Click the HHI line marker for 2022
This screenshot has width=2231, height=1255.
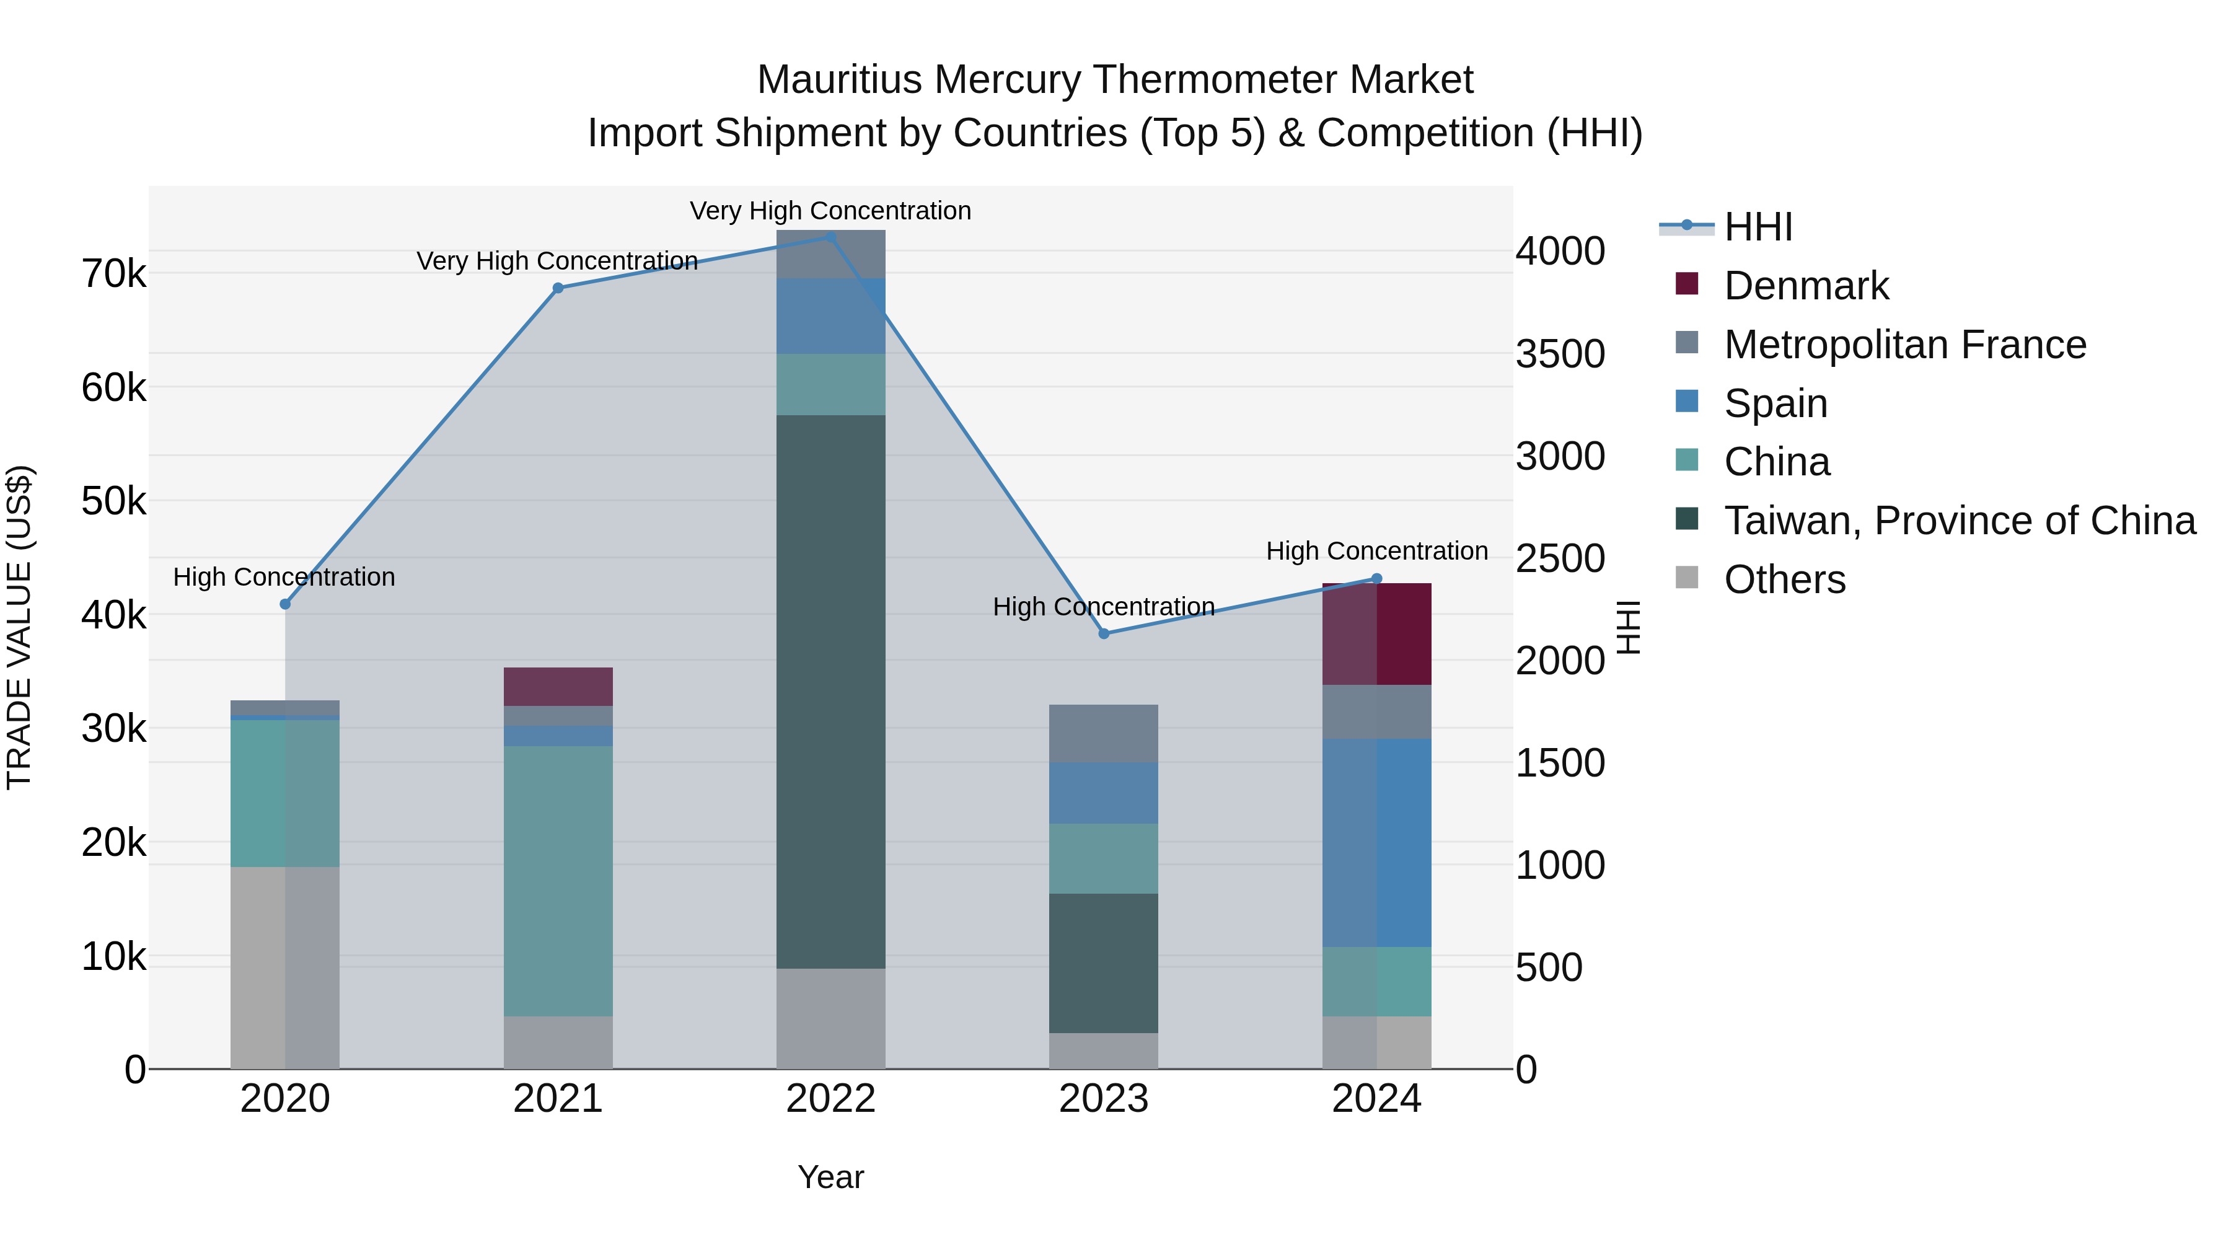point(830,237)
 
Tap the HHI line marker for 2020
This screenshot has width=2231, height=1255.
point(285,604)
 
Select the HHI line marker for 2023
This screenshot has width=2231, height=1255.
point(1103,634)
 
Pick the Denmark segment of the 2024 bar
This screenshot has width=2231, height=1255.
point(1376,634)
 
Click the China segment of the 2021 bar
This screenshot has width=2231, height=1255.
point(558,880)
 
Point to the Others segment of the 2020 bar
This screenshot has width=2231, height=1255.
point(285,967)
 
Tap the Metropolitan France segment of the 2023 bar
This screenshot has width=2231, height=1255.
point(1103,734)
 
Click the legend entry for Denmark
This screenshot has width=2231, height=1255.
point(1806,286)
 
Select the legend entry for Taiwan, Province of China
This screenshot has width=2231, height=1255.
point(1959,521)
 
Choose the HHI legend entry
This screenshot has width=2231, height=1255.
point(1758,227)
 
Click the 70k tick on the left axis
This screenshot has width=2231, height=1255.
point(113,275)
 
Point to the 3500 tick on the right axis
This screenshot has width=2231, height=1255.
point(1560,354)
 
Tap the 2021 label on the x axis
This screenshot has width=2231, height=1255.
point(558,1099)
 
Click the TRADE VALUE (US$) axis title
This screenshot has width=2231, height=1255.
point(20,627)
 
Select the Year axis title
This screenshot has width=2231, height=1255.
point(830,1177)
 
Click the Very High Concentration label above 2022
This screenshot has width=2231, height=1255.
point(830,211)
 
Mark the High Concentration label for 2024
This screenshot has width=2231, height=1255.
point(1376,551)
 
